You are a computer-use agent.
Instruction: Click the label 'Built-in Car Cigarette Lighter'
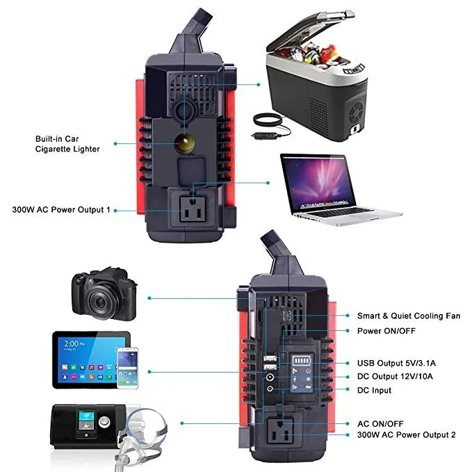pos(67,143)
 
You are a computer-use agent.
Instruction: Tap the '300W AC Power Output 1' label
pos(61,209)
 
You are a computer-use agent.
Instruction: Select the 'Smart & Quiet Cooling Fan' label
pos(409,316)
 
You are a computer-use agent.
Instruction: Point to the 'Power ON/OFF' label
pos(386,331)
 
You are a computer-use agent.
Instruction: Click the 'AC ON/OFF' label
pos(380,423)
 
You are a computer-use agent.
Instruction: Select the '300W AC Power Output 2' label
pos(406,434)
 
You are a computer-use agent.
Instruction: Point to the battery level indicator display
pos(304,361)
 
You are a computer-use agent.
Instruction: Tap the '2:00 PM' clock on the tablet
pos(75,343)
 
